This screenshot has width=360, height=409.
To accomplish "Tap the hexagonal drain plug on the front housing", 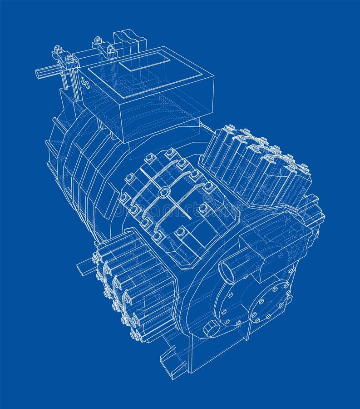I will click(x=210, y=328).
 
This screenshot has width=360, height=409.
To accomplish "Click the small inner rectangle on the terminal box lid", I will click(x=144, y=61).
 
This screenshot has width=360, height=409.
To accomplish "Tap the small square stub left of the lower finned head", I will click(x=84, y=266).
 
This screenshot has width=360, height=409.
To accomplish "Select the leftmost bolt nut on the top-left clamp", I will click(x=58, y=49).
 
